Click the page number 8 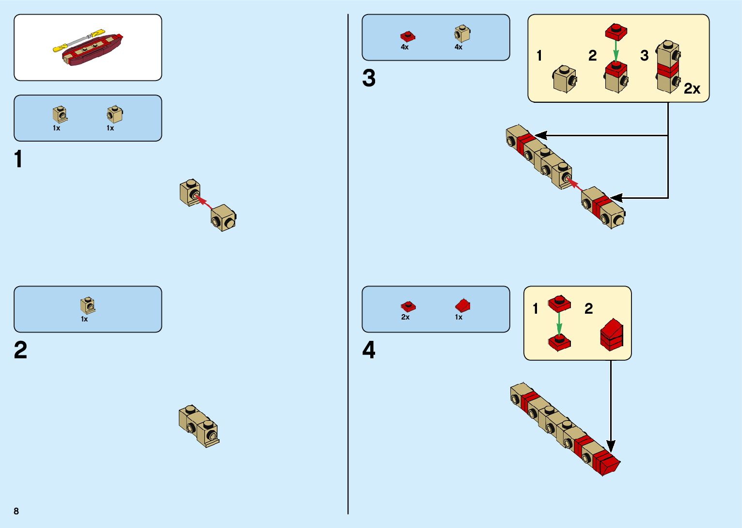click(x=16, y=511)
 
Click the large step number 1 click(x=18, y=159)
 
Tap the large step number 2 click(x=20, y=350)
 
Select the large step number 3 click(x=369, y=78)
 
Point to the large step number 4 click(x=369, y=350)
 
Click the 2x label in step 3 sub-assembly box click(x=692, y=89)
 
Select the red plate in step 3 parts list click(x=408, y=36)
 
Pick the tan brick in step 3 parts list click(x=462, y=34)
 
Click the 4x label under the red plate click(x=405, y=48)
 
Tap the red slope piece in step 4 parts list click(x=462, y=305)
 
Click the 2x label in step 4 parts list click(x=405, y=317)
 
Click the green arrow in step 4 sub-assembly click(x=559, y=323)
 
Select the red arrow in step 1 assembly click(x=205, y=202)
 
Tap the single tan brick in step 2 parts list click(x=88, y=305)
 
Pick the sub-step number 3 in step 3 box click(x=644, y=56)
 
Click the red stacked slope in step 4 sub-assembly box click(x=612, y=334)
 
